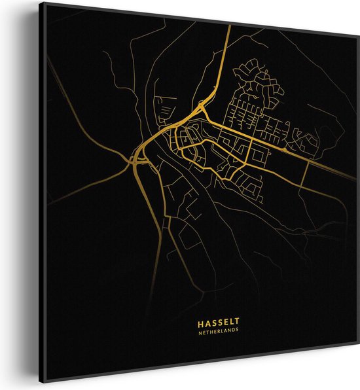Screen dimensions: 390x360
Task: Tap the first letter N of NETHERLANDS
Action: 197,330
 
